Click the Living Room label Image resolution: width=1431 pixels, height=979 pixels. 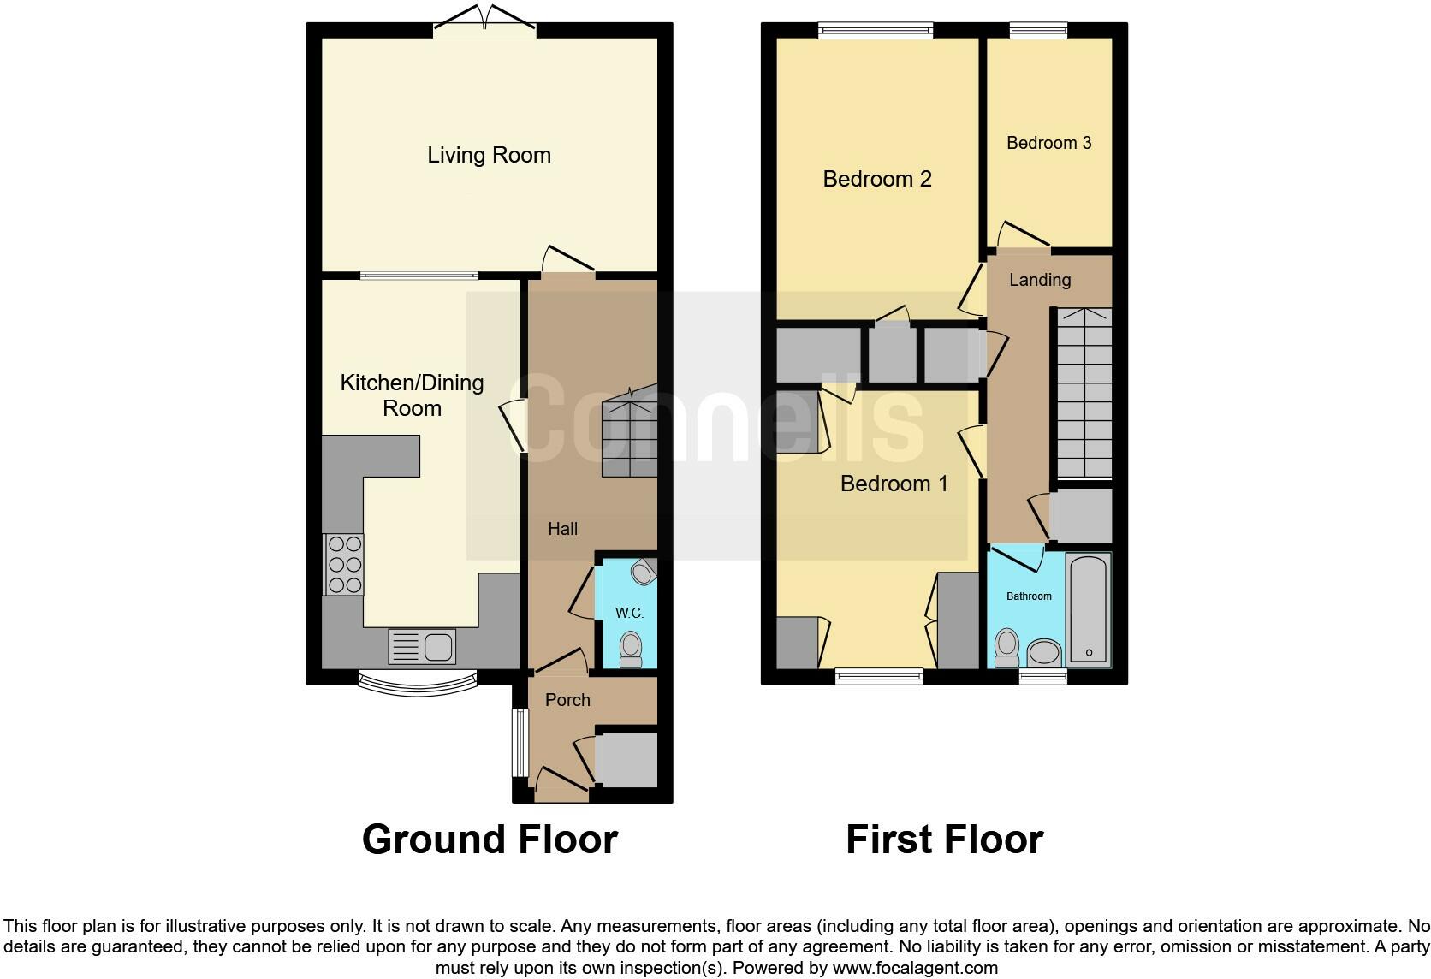click(489, 155)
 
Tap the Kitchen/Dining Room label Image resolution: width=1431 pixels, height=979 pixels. click(412, 395)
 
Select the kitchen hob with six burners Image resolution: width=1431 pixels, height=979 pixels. click(343, 564)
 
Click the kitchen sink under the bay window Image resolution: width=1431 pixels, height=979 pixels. click(422, 647)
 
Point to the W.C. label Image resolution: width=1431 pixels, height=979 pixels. click(629, 613)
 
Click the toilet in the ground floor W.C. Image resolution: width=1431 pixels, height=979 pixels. click(631, 648)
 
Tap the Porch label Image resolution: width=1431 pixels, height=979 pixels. click(567, 700)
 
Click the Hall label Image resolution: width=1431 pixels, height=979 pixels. click(562, 529)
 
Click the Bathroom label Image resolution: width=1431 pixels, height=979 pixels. click(1029, 596)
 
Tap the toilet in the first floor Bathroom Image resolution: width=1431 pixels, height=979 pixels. click(1007, 647)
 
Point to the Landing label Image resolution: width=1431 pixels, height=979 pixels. click(1039, 280)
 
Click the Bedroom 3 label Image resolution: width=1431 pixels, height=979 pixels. click(1048, 143)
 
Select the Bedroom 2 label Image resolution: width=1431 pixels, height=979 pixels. click(876, 179)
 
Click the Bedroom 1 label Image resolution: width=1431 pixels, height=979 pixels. click(894, 484)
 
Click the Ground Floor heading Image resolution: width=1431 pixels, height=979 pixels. click(490, 840)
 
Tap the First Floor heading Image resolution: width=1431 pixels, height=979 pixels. click(944, 840)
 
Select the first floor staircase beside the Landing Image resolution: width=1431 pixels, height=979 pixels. click(1084, 394)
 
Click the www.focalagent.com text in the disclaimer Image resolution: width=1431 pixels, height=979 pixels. click(915, 968)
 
